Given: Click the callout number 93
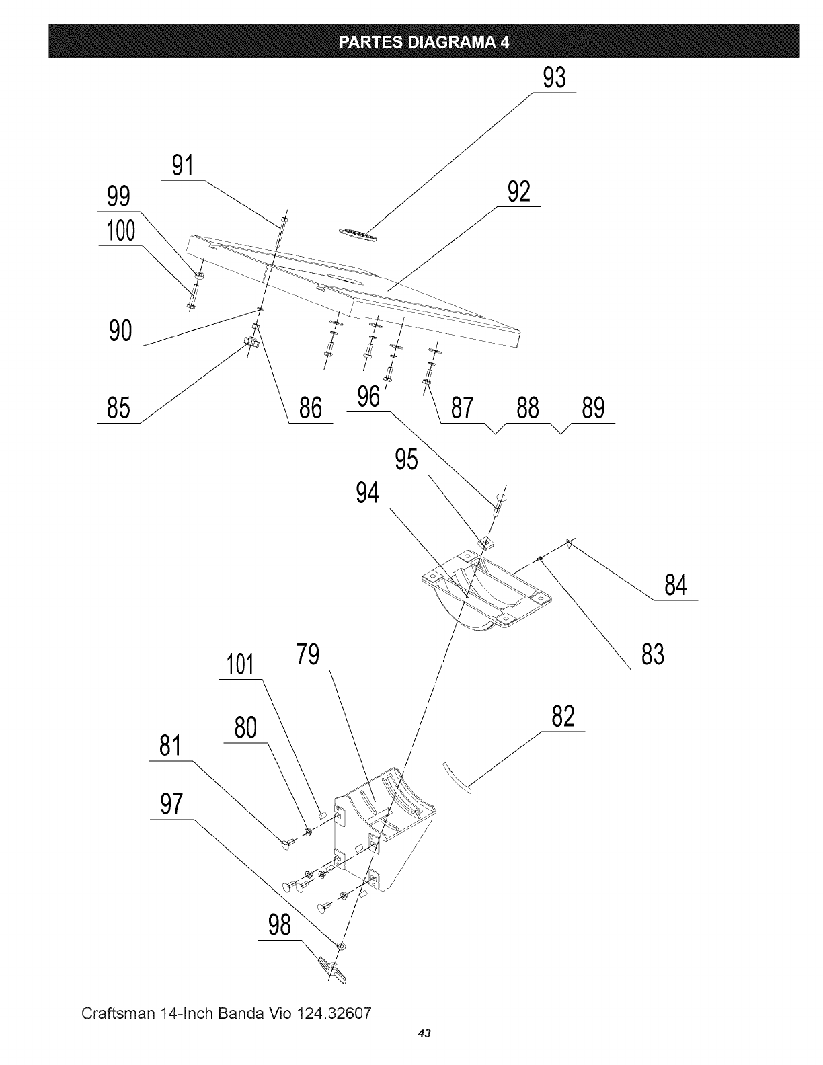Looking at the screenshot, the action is pos(555,78).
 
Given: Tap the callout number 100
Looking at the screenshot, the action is pos(121,231).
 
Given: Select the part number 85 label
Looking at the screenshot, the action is pos(118,407).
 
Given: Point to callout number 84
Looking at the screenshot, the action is pos(676,585).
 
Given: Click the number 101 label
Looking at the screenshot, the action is pos(240,664).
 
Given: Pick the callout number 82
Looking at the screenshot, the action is pos(563,717).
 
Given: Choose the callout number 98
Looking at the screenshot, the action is pos(280,925).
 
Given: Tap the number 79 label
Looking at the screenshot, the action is pos(308,655).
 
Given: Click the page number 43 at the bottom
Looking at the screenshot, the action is pos(424,1033).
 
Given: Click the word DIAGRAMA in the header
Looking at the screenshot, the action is pos(452,42).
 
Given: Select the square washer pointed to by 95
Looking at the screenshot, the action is pos(486,542).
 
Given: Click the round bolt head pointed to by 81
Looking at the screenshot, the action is pos(286,844).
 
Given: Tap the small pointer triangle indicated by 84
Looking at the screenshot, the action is pos(569,543).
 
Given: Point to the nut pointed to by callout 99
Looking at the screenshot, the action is pos(199,274).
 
